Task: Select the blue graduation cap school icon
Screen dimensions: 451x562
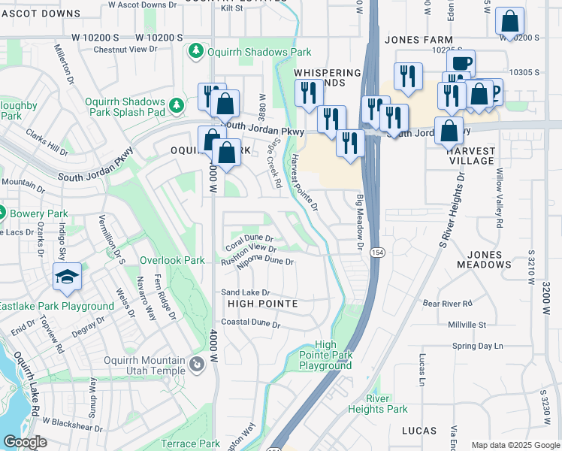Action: (67, 277)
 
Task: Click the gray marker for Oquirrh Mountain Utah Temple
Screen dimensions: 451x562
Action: (196, 365)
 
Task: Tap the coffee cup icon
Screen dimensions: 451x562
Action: (460, 63)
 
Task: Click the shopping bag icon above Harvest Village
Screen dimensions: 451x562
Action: (449, 131)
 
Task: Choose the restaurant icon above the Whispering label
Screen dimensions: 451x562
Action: (408, 76)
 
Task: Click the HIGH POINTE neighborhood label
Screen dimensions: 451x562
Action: (263, 304)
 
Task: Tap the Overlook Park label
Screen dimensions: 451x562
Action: (172, 260)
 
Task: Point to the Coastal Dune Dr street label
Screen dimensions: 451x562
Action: (250, 325)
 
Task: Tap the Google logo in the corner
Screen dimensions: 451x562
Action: (24, 442)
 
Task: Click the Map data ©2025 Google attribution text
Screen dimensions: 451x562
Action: (515, 445)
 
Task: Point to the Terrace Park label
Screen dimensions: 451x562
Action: (190, 444)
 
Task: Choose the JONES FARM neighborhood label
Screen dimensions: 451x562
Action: (418, 40)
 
